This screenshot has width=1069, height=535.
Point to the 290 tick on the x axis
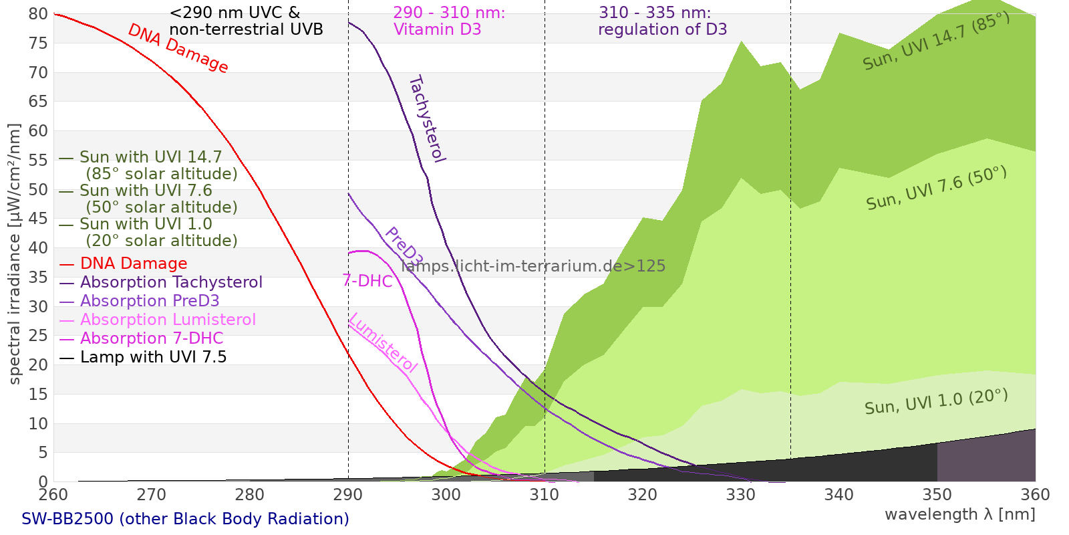(x=348, y=494)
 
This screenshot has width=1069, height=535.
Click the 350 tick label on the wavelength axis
(x=937, y=494)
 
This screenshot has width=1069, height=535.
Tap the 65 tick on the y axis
(x=39, y=102)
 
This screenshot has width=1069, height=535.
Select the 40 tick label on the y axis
(x=39, y=248)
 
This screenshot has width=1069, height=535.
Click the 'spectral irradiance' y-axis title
(x=15, y=254)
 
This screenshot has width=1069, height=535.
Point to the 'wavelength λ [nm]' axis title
(x=960, y=514)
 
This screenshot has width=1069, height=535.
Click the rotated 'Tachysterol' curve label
(x=426, y=119)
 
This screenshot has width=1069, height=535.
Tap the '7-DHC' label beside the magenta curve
(x=367, y=281)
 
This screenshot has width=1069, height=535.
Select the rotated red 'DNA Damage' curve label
(x=178, y=48)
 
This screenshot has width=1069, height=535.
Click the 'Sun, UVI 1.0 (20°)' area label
(x=936, y=402)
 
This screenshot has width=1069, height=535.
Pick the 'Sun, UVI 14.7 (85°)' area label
(x=936, y=41)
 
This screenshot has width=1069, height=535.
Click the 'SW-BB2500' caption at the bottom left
(x=185, y=519)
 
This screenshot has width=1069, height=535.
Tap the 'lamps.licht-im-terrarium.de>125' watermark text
(x=533, y=266)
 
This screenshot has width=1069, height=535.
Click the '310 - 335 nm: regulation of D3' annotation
(x=662, y=21)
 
